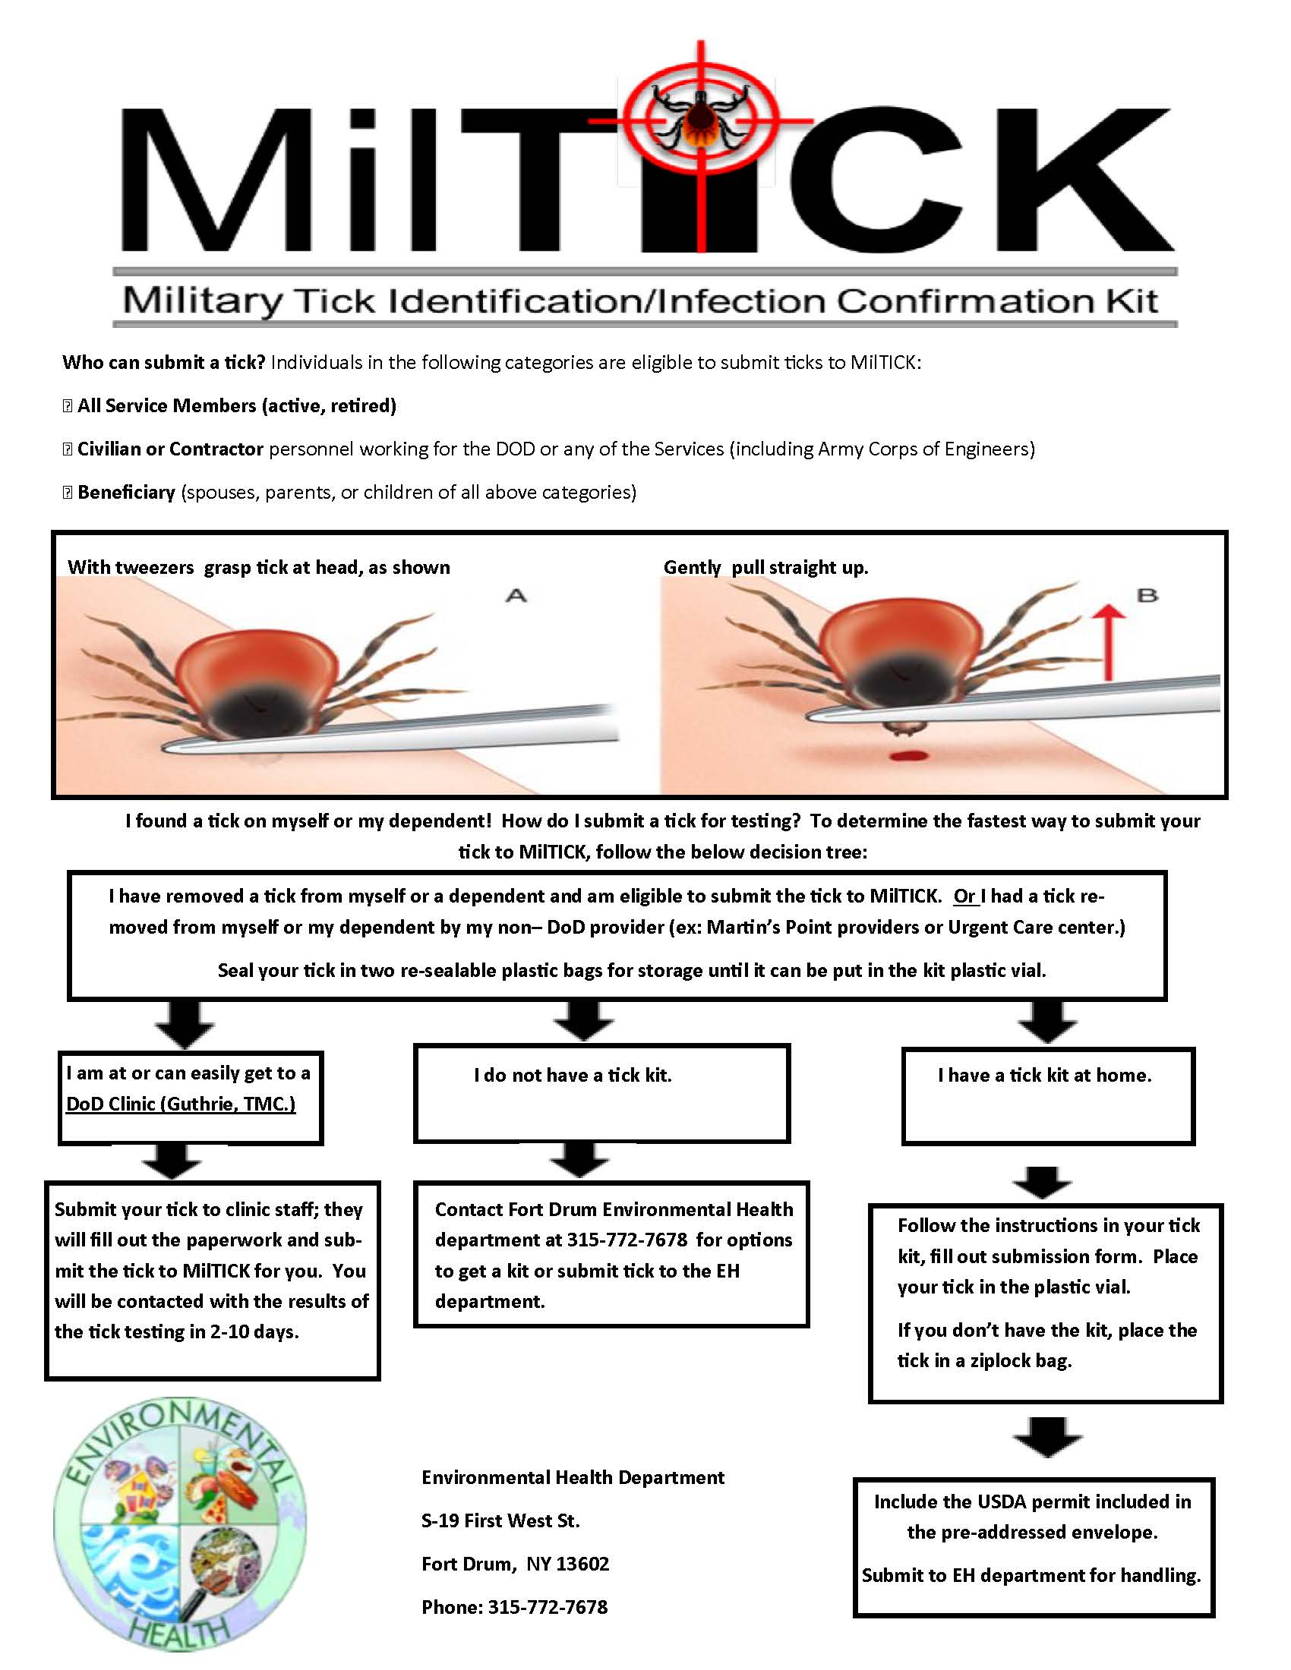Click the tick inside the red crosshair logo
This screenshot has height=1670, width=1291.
click(699, 119)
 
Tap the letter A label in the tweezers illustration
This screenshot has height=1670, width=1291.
click(517, 595)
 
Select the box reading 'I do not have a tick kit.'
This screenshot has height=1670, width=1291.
click(601, 1092)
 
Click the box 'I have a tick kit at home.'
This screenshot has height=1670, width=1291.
click(1047, 1095)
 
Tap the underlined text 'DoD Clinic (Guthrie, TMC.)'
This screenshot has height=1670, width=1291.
click(181, 1104)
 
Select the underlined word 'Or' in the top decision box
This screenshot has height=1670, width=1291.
click(964, 896)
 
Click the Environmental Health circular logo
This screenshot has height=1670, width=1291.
click(180, 1522)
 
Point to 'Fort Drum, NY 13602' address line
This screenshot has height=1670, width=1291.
click(515, 1564)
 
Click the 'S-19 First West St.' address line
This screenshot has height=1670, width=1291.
click(500, 1521)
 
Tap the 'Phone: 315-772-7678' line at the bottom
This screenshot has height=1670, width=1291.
click(514, 1606)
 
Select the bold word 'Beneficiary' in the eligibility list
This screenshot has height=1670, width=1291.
click(126, 492)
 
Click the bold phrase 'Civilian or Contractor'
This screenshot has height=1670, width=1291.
click(170, 449)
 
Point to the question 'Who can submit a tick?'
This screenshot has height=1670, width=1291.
click(163, 362)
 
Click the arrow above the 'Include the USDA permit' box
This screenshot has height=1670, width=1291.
click(1047, 1436)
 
